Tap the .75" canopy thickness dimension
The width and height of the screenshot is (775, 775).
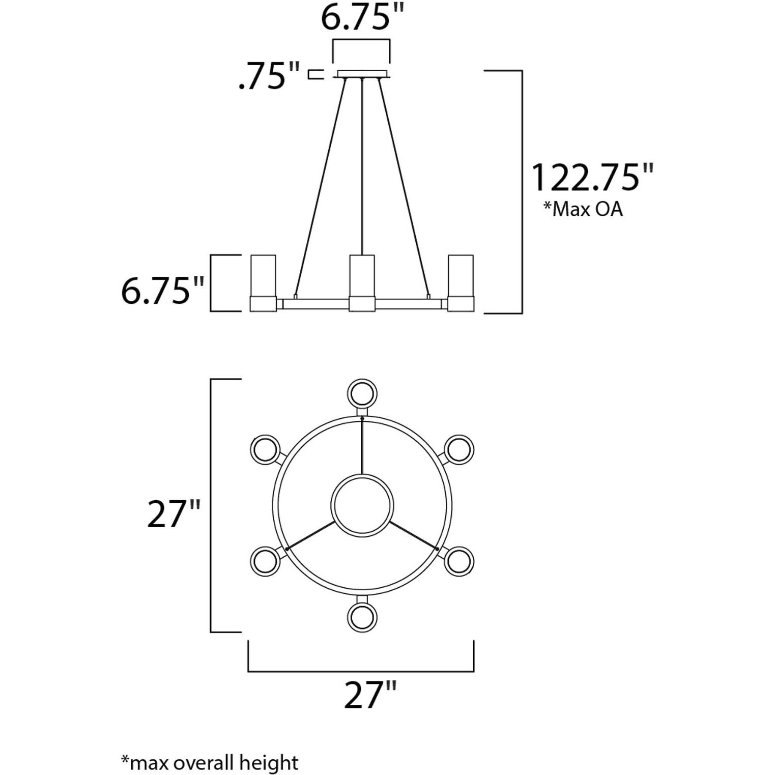(x=269, y=76)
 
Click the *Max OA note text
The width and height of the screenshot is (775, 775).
(x=583, y=209)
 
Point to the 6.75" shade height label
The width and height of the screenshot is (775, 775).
(x=162, y=291)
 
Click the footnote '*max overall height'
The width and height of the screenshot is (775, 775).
(x=209, y=762)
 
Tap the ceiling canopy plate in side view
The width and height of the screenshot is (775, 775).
(x=362, y=74)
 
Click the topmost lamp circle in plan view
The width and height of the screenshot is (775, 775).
(x=362, y=393)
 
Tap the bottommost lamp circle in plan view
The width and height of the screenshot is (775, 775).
(x=362, y=617)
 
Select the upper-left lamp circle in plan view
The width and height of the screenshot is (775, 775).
(x=265, y=449)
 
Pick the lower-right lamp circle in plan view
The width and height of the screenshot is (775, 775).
(x=459, y=561)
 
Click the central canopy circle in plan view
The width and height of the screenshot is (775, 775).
(x=362, y=505)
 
